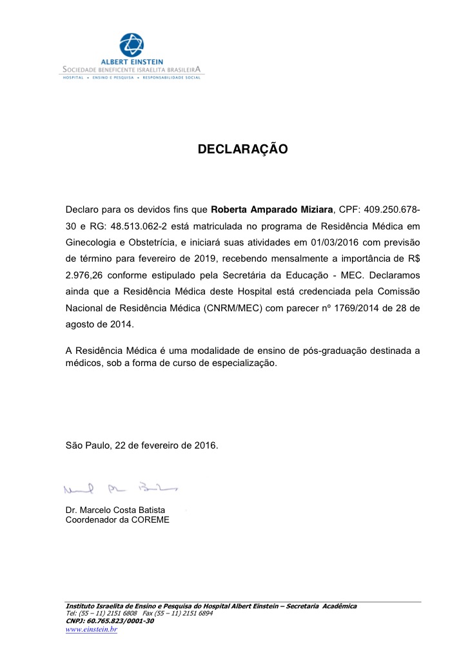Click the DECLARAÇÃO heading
click(242, 150)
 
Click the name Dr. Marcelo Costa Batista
click(115, 510)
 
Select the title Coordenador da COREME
click(117, 519)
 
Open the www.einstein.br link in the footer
click(91, 629)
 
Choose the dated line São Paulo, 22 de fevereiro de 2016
click(142, 445)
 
